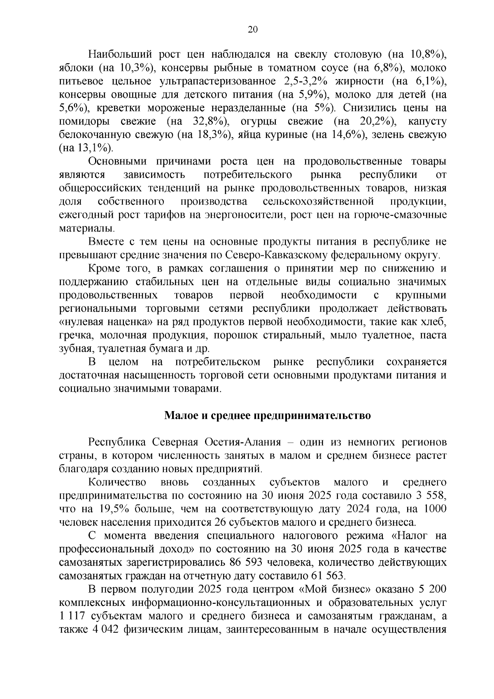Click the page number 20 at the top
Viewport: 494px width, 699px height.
(252, 29)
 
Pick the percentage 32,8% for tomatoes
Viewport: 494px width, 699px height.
(209, 122)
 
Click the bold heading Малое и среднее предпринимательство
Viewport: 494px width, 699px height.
(267, 416)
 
